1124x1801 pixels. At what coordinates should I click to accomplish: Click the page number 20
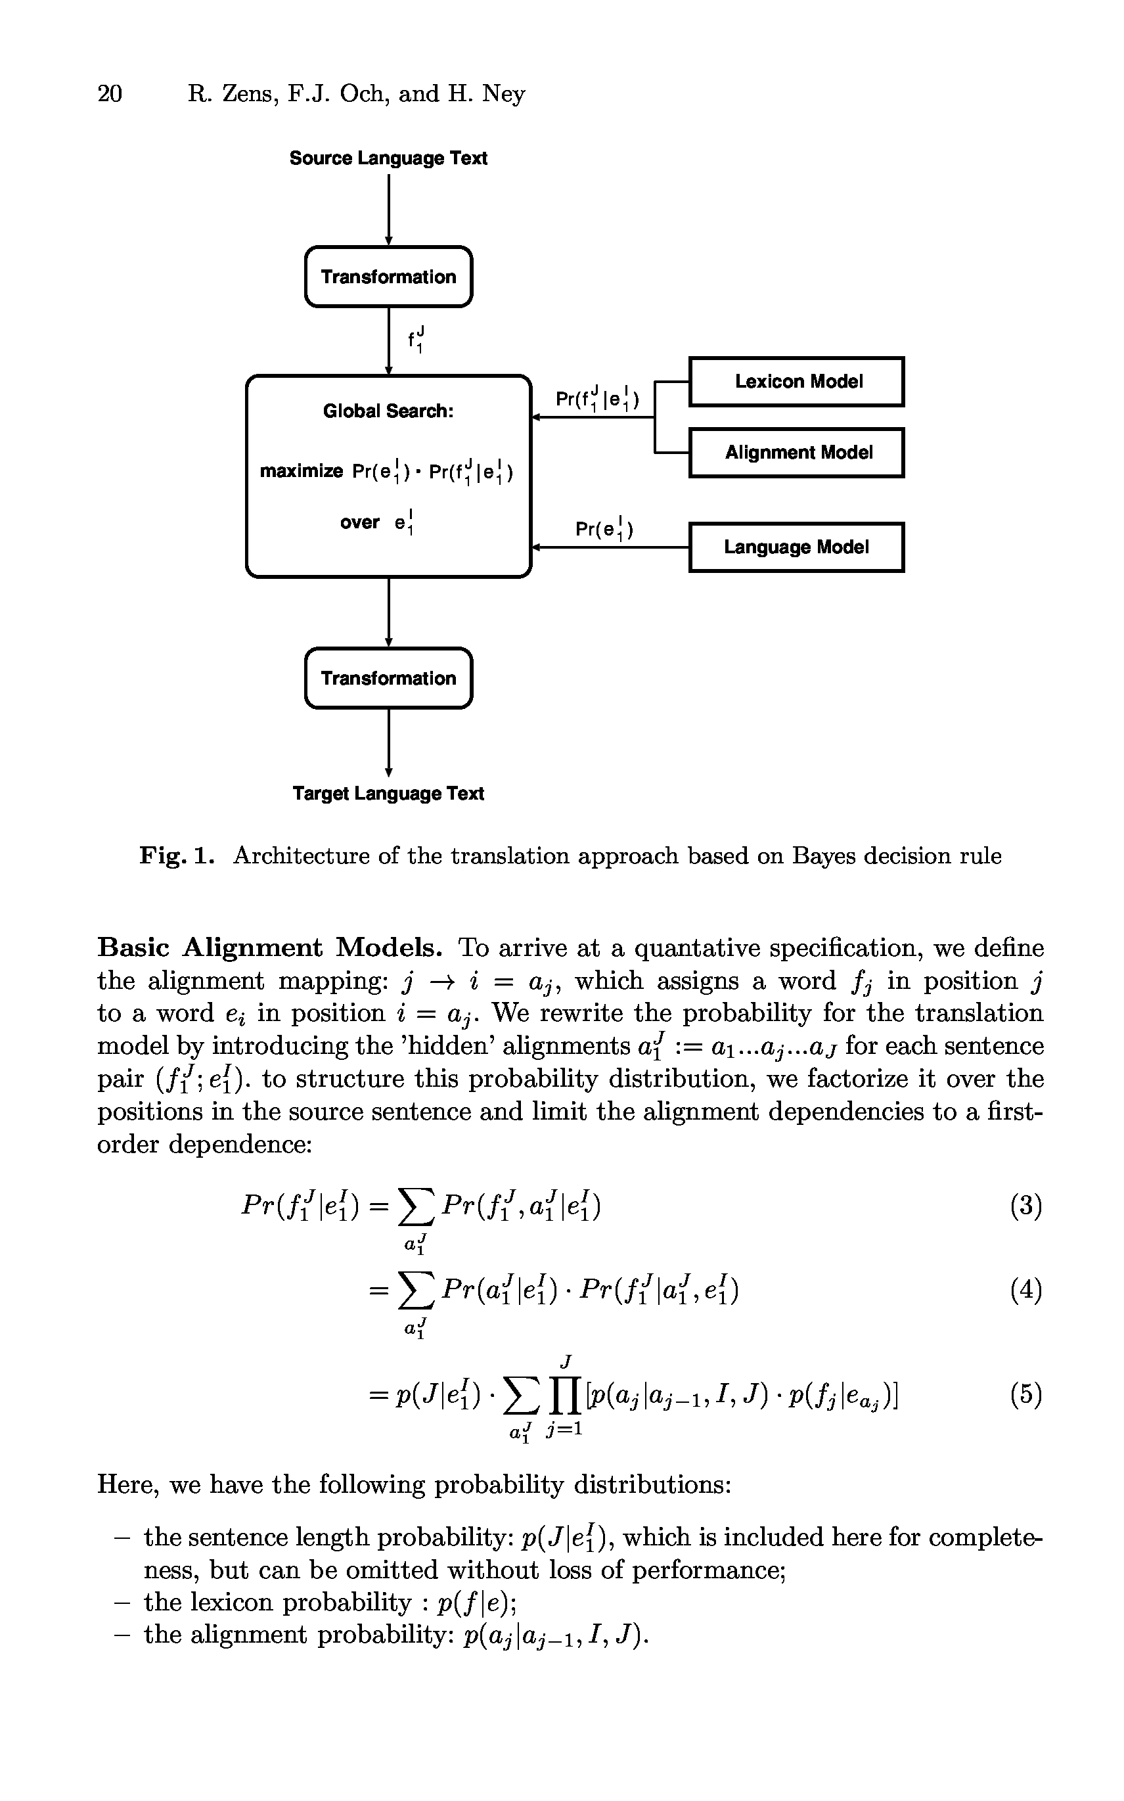tap(109, 94)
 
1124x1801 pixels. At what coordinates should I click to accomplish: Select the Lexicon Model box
tap(796, 381)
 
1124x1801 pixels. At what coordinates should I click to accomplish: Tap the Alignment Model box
tap(796, 453)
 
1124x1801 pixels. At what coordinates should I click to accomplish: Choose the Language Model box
tap(796, 547)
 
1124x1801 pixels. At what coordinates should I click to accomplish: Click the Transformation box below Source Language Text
tap(388, 277)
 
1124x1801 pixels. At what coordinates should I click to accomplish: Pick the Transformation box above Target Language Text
tap(388, 678)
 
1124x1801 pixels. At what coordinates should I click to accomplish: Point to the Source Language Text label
tap(388, 158)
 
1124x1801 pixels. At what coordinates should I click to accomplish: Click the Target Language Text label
tap(388, 794)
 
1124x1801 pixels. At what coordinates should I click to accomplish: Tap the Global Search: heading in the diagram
tap(388, 411)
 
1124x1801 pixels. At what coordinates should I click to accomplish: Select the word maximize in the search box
tap(301, 471)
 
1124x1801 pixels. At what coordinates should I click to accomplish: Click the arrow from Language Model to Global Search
tap(610, 548)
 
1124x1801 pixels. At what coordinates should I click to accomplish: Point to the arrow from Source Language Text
tap(388, 208)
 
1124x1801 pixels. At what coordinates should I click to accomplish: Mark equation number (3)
tap(1026, 1206)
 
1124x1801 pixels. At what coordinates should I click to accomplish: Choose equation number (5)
tap(1026, 1394)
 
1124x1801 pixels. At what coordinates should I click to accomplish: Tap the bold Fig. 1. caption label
tap(177, 856)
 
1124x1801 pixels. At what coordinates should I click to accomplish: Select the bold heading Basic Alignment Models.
tap(270, 947)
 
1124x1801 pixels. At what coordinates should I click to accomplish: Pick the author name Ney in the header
tap(503, 94)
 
